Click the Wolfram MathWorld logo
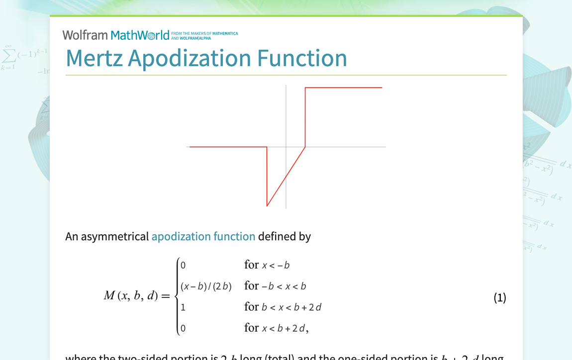pyautogui.click(x=116, y=35)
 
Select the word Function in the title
pyautogui.click(x=302, y=58)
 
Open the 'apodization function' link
pyautogui.click(x=203, y=236)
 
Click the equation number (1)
pyautogui.click(x=499, y=297)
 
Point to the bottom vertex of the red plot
pyautogui.click(x=267, y=206)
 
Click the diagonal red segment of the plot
pyautogui.click(x=286, y=177)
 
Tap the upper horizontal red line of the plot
pyautogui.click(x=343, y=88)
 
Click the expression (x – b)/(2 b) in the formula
pyautogui.click(x=206, y=286)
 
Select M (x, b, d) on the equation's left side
pyautogui.click(x=131, y=296)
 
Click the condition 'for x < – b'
pyautogui.click(x=267, y=265)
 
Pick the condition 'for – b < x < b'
pyautogui.click(x=275, y=286)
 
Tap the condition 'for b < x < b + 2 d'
pyautogui.click(x=283, y=307)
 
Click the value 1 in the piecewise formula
pyautogui.click(x=183, y=307)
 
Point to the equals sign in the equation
pyautogui.click(x=166, y=296)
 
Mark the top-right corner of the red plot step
pyautogui.click(x=305, y=88)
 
